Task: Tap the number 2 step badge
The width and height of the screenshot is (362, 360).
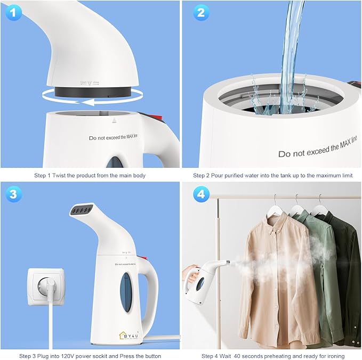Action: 200,13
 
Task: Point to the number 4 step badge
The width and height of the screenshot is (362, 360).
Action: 200,194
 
